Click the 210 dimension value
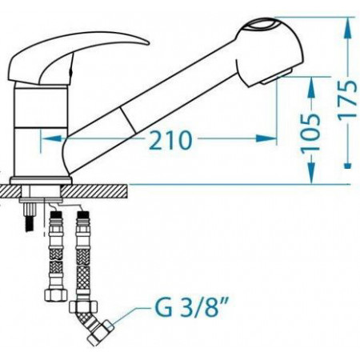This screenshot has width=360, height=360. coord(170,139)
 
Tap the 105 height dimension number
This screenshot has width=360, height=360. coord(311,132)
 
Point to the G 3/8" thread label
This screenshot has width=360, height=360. coord(191,308)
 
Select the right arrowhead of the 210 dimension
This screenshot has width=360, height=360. coord(266,138)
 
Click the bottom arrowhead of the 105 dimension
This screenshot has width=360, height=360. coord(311,173)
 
